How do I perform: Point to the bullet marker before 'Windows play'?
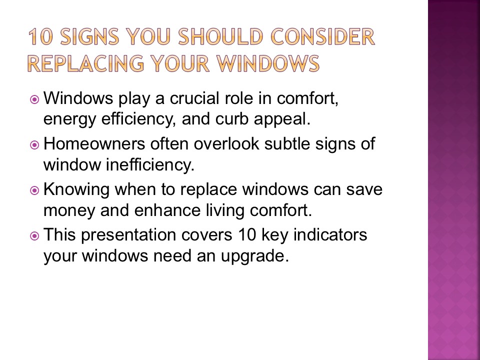[34, 99]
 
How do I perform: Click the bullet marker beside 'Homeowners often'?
[34, 144]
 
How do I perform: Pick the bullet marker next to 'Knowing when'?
[34, 190]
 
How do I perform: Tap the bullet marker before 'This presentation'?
[34, 235]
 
